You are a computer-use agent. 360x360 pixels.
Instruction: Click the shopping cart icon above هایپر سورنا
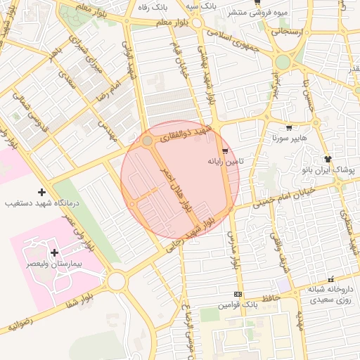(289, 127)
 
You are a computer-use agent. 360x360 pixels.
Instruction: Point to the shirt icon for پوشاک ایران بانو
(328, 159)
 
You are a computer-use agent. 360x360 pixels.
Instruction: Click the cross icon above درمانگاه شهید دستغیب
(41, 192)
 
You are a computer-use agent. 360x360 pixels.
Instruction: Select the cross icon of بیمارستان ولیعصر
(54, 252)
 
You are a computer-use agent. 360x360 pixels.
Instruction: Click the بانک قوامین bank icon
(238, 294)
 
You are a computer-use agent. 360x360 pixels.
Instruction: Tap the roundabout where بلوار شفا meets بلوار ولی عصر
(116, 282)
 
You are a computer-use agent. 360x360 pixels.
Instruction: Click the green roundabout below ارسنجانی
(283, 62)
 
